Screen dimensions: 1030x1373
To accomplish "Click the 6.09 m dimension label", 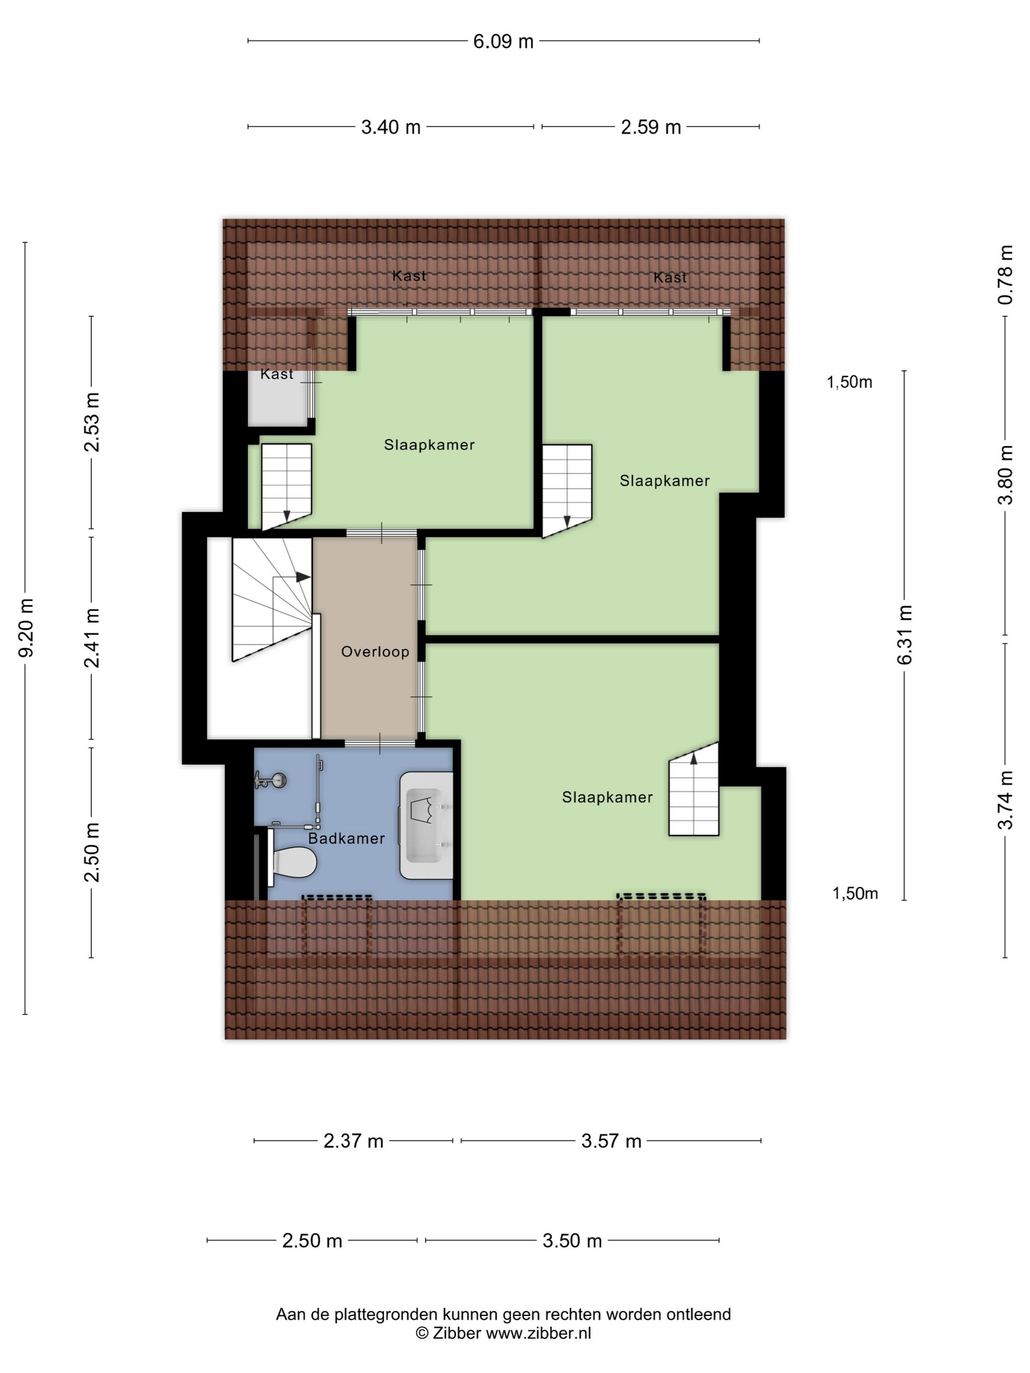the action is coord(503,42).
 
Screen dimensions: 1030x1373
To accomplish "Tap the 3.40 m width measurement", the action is coord(390,127).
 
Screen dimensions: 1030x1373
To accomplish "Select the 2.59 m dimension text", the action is coord(651,127).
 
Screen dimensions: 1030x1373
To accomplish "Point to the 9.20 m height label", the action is coord(26,628).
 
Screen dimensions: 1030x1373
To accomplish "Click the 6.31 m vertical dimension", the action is coord(904,635).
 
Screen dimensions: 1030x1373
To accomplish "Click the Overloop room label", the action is coord(375,652).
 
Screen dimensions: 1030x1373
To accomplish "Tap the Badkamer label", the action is coord(346,839).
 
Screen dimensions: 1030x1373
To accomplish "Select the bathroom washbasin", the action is coord(426,825).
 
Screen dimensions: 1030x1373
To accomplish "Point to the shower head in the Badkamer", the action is coord(271,780).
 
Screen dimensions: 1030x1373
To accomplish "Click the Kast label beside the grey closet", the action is coord(277,374).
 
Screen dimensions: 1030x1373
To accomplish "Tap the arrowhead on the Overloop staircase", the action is coord(303,577).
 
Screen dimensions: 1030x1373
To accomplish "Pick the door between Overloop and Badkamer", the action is coord(380,743).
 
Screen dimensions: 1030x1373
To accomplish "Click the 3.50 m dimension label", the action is coord(572,1241).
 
